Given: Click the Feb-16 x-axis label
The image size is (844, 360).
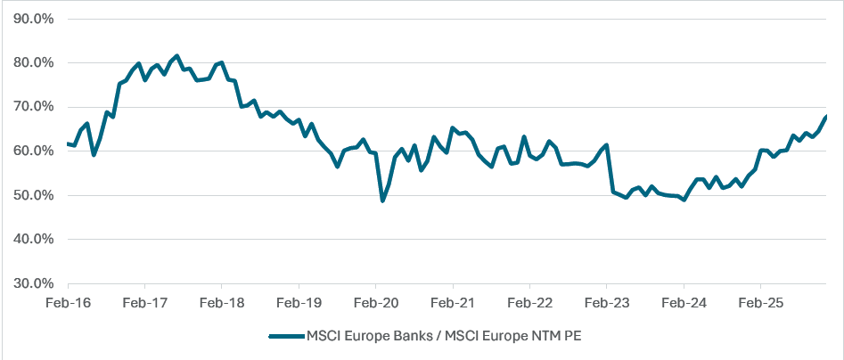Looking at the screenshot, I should point(68,303).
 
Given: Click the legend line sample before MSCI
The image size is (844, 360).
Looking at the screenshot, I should point(285,336).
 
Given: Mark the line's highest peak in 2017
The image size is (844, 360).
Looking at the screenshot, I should point(176,56).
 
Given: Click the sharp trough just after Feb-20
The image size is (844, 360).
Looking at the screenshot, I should point(382,200).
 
